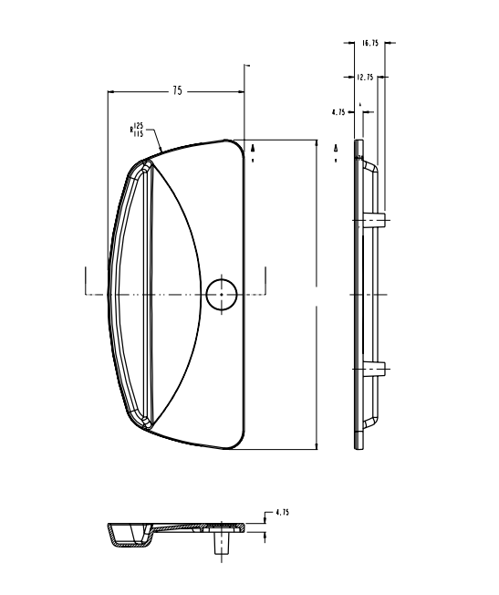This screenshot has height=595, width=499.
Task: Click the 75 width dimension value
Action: pos(177,91)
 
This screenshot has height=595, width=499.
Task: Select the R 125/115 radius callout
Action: pos(138,130)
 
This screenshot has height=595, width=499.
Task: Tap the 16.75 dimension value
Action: pos(369,43)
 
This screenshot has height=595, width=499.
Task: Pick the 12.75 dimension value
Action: pos(366,78)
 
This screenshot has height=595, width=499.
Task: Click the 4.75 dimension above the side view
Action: pos(338,112)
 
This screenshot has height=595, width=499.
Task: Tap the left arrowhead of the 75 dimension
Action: pos(111,91)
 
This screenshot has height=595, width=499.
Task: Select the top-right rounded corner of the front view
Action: pos(240,146)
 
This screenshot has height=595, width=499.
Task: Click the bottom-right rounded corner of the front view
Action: pos(240,444)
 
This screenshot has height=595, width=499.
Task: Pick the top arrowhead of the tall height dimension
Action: pos(317,143)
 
